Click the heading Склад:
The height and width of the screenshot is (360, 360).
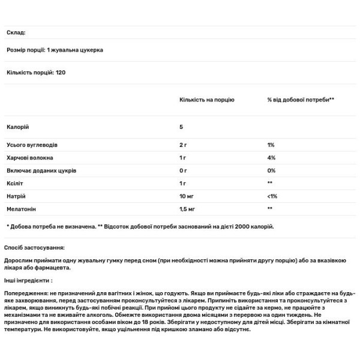[16, 33]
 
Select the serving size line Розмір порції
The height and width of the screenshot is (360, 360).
[55, 50]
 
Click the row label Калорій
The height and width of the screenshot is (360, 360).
[17, 127]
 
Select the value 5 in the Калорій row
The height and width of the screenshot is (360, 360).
[181, 127]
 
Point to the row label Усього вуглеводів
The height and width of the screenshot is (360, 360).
[32, 145]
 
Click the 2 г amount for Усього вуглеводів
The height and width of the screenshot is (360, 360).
[184, 145]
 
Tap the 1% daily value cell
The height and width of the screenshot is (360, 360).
[271, 145]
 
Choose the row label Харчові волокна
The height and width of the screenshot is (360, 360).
[30, 158]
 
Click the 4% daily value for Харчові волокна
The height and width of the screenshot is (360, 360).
[272, 158]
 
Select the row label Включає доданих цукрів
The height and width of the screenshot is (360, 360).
[41, 170]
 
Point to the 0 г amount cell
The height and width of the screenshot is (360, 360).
[184, 170]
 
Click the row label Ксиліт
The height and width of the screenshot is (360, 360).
[15, 183]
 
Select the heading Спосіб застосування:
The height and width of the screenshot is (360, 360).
[34, 247]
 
